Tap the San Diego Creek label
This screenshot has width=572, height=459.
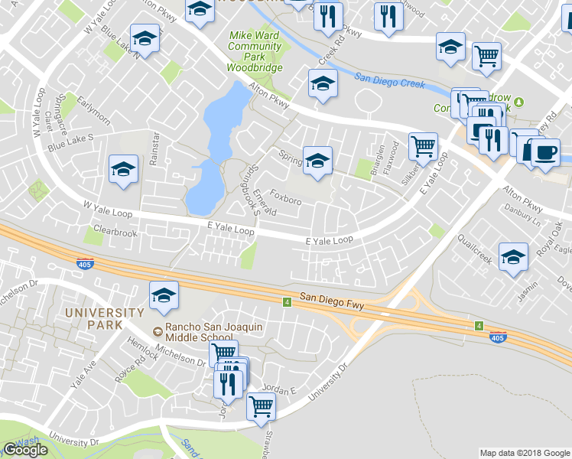point(389,80)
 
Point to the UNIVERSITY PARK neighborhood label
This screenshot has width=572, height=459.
point(104,318)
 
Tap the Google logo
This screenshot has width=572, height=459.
point(25,450)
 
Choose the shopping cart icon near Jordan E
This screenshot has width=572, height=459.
point(261,406)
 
